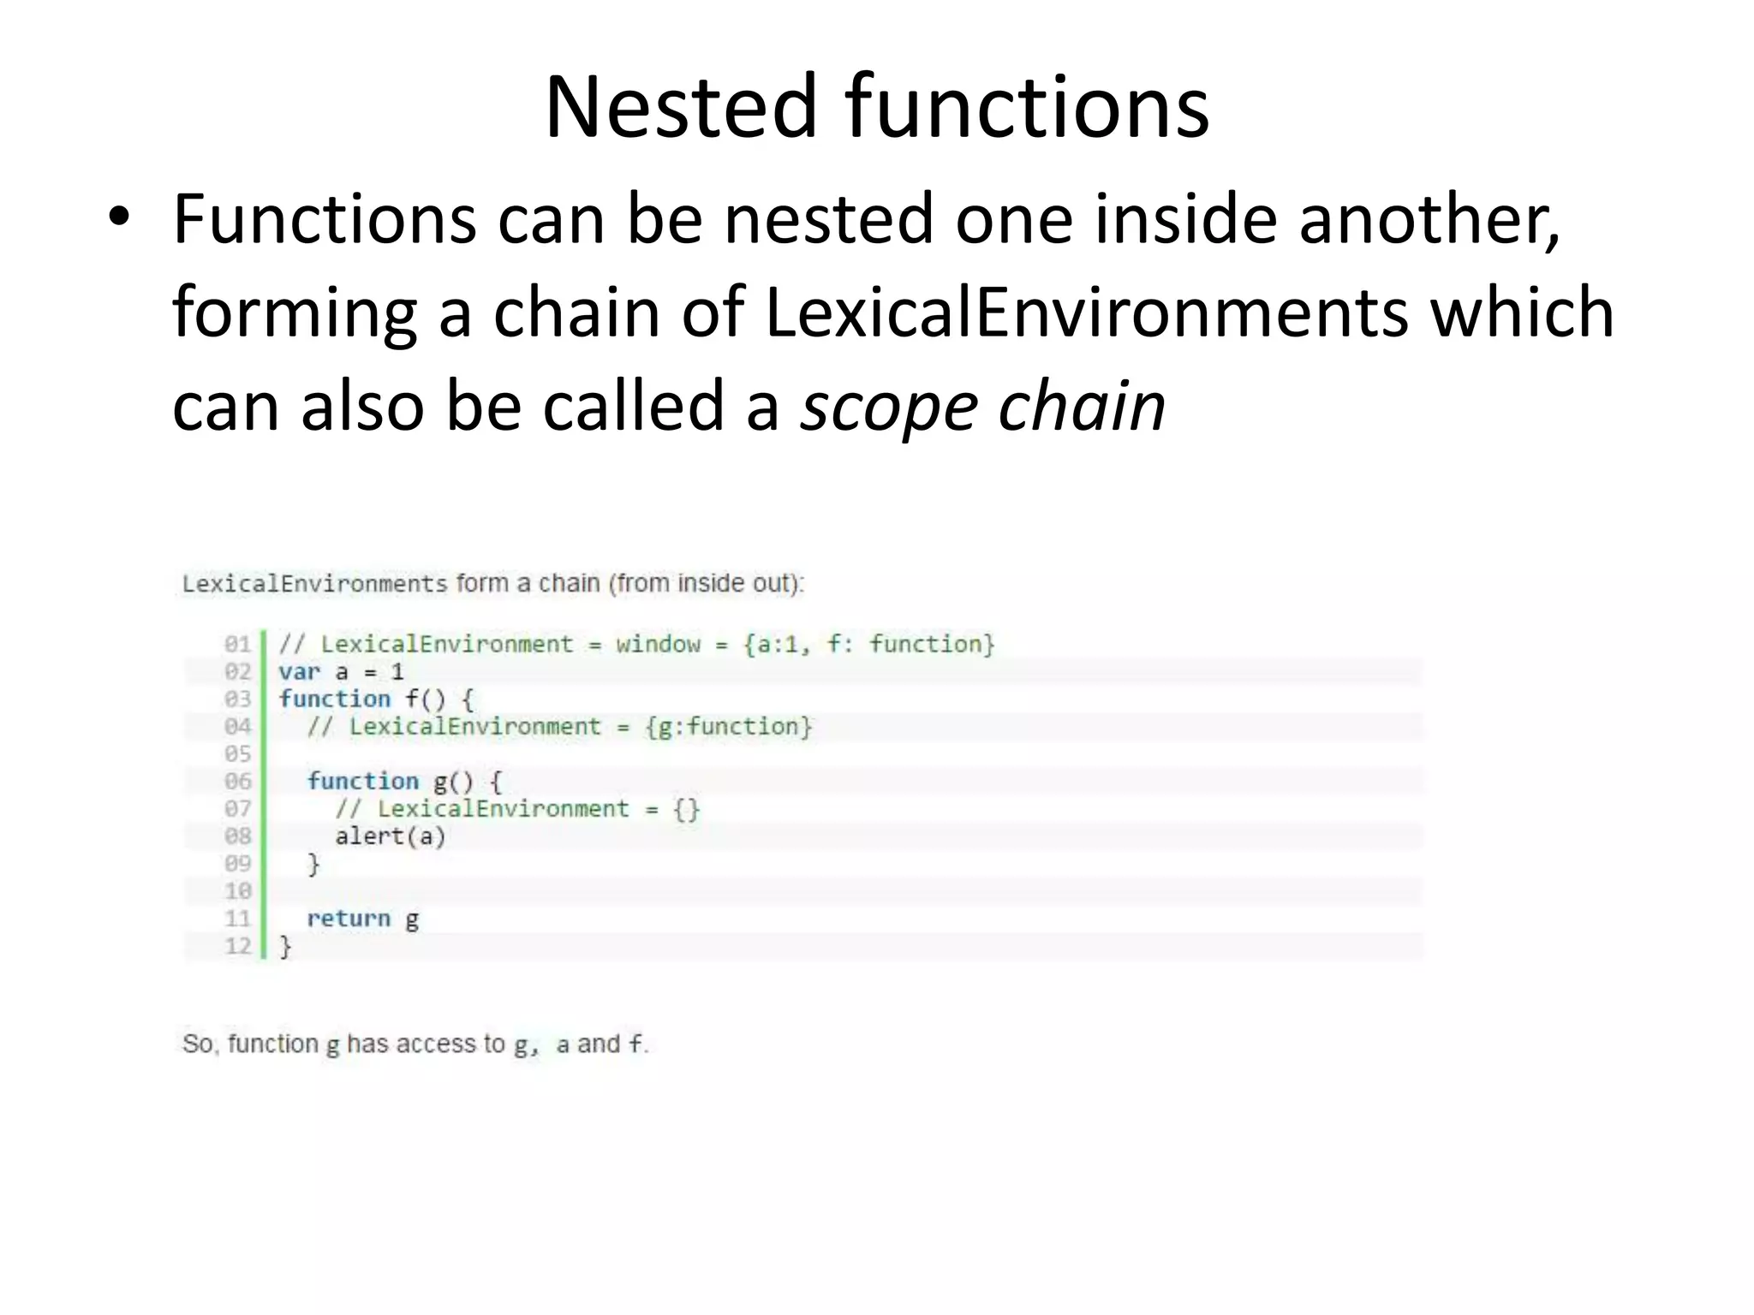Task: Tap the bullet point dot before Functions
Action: [119, 219]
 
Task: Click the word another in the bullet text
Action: [1429, 219]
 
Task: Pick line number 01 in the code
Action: [237, 644]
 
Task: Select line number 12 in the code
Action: [237, 946]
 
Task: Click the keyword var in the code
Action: [299, 672]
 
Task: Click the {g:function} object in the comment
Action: [728, 727]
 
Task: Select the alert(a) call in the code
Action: [391, 836]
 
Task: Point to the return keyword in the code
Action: [349, 919]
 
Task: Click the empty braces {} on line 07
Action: [686, 809]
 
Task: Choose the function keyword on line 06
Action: [363, 782]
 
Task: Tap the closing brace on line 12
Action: [286, 947]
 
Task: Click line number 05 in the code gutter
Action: [237, 754]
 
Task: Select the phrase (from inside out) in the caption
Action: [706, 584]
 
